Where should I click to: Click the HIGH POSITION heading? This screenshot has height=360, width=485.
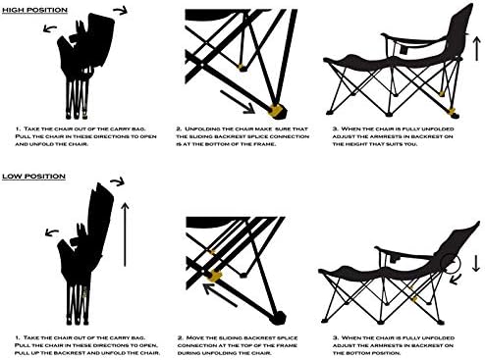click(x=34, y=10)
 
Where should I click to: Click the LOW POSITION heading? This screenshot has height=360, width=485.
click(x=34, y=177)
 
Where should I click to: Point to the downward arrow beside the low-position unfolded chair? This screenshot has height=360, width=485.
click(x=476, y=264)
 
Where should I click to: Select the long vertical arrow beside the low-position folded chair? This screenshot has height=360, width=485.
click(x=125, y=234)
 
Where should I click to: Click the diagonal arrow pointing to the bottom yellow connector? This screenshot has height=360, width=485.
click(x=238, y=102)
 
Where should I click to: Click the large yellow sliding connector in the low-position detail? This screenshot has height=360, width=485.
click(x=215, y=276)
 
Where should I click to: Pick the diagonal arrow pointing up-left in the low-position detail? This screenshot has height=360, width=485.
click(x=220, y=295)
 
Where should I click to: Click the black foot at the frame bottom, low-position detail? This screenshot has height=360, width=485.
click(x=278, y=317)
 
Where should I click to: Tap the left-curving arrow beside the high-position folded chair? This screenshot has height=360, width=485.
click(x=50, y=28)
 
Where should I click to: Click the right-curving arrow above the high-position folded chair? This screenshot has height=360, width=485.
click(x=121, y=11)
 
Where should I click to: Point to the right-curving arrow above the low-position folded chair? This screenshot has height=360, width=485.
click(x=118, y=181)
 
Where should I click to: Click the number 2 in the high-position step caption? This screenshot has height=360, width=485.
click(x=179, y=129)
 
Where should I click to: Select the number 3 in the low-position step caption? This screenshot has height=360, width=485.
click(x=335, y=337)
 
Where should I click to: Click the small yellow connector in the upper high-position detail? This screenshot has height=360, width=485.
click(x=242, y=68)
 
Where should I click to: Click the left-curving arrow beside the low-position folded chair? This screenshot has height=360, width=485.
click(x=52, y=232)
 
